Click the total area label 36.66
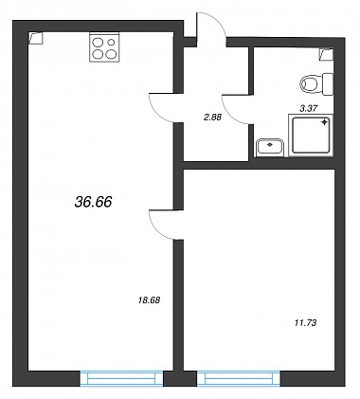click(94, 202)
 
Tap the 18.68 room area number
click(150, 300)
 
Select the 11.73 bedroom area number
click(305, 323)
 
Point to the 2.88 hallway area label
click(212, 118)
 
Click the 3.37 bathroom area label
click(308, 108)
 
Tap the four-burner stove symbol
click(104, 47)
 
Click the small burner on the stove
click(111, 42)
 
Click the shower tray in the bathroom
click(311, 136)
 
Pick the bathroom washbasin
click(270, 147)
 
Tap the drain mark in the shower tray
click(324, 123)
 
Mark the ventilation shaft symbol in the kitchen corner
click(35, 38)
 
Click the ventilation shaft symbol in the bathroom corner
click(326, 54)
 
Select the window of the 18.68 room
click(121, 378)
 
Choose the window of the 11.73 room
click(239, 378)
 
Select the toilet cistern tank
click(328, 83)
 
